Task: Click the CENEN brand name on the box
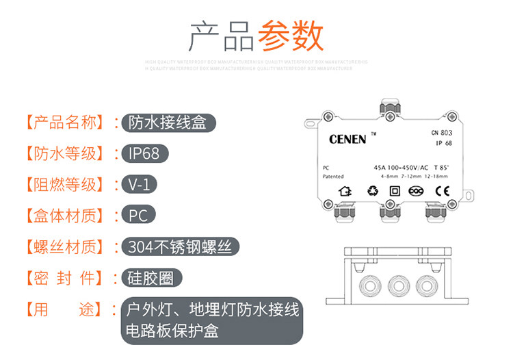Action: [x=348, y=140]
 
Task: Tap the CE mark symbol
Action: [x=442, y=192]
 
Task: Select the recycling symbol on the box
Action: [x=372, y=192]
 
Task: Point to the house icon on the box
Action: [x=347, y=192]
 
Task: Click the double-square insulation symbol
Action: [x=394, y=192]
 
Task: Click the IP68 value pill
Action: [x=144, y=153]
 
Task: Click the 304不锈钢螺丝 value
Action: [x=183, y=247]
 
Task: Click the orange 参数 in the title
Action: [x=291, y=36]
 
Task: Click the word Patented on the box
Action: [x=333, y=176]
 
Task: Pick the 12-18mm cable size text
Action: [x=436, y=176]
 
